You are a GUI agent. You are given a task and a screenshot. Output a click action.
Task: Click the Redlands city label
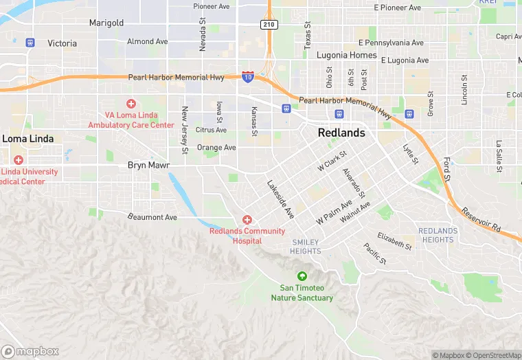(x=341, y=133)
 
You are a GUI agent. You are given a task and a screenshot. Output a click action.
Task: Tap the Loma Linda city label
(x=27, y=138)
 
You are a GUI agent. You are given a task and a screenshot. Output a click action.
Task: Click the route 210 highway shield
(x=269, y=25)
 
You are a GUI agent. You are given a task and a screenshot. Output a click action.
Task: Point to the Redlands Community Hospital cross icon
(x=247, y=219)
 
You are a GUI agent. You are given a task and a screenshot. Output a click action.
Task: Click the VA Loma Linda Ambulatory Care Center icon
(x=130, y=104)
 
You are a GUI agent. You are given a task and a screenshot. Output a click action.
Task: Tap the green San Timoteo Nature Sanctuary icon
(x=302, y=276)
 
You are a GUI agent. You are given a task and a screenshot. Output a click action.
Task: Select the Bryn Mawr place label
(x=148, y=166)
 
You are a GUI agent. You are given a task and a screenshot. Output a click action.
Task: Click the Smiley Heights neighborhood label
(x=306, y=247)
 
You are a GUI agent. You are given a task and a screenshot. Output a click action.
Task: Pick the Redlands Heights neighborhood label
(x=438, y=235)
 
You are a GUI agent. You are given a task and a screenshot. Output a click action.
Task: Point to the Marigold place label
(x=106, y=23)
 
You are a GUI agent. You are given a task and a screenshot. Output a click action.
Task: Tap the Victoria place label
(x=62, y=43)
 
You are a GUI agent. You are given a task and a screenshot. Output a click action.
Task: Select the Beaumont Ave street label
(x=152, y=217)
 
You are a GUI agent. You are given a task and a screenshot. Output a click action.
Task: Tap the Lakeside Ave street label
(x=280, y=199)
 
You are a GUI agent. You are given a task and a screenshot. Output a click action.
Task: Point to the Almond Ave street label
(x=147, y=41)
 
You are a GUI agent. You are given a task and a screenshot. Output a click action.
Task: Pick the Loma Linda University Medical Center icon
(x=18, y=159)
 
